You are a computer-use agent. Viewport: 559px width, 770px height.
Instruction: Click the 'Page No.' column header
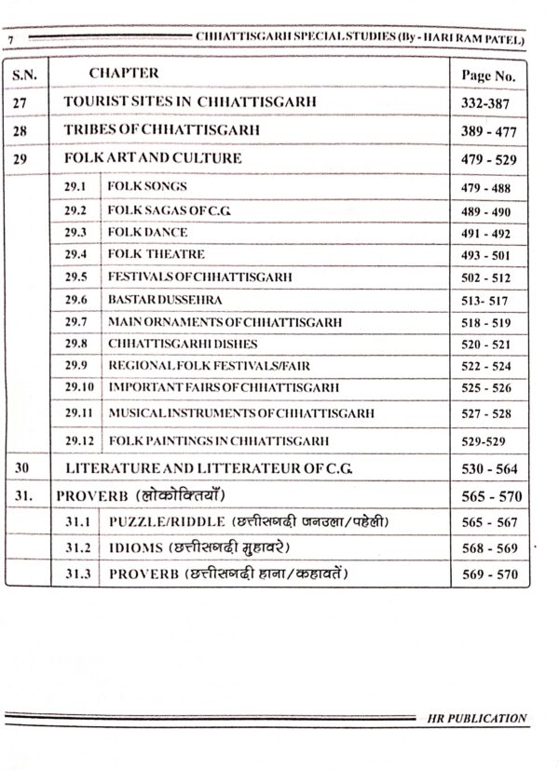point(487,74)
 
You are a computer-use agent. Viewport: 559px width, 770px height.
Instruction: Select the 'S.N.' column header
point(23,73)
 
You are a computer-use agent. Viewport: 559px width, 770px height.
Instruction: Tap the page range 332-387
point(487,101)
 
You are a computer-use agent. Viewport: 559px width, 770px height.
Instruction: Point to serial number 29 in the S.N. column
point(20,159)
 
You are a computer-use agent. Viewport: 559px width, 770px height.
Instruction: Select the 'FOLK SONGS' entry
point(147,187)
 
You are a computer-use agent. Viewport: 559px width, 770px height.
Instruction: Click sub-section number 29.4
point(75,254)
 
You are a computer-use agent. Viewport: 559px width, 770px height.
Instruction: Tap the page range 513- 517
point(485,301)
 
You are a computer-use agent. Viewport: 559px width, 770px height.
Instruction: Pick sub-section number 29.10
point(79,387)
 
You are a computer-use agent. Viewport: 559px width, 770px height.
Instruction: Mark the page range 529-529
point(485,440)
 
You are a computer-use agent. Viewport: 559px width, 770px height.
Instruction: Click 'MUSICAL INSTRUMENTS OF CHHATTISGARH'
point(241,412)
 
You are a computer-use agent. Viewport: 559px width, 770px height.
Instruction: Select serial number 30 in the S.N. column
point(20,468)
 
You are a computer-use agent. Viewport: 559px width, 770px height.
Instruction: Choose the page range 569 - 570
point(488,574)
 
